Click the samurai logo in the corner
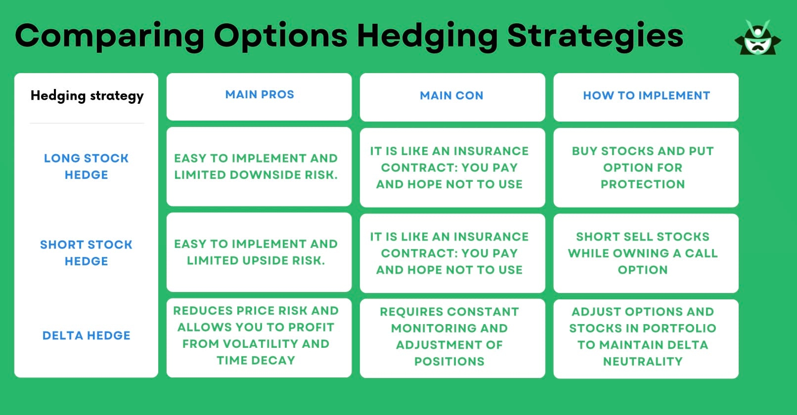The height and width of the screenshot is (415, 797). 757,39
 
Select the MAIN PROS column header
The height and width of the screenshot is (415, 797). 260,95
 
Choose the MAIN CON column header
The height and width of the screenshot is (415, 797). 451,96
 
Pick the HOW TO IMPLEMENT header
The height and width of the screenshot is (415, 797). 646,96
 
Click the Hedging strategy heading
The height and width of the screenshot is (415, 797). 87,96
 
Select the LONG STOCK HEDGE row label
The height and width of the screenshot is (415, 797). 87,166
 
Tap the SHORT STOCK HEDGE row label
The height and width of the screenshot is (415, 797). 87,253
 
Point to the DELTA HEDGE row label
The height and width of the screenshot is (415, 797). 87,336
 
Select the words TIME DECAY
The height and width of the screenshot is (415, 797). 256,361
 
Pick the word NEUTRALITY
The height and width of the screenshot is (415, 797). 643,362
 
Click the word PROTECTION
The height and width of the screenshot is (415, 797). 643,184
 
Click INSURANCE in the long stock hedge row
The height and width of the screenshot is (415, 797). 491,151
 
